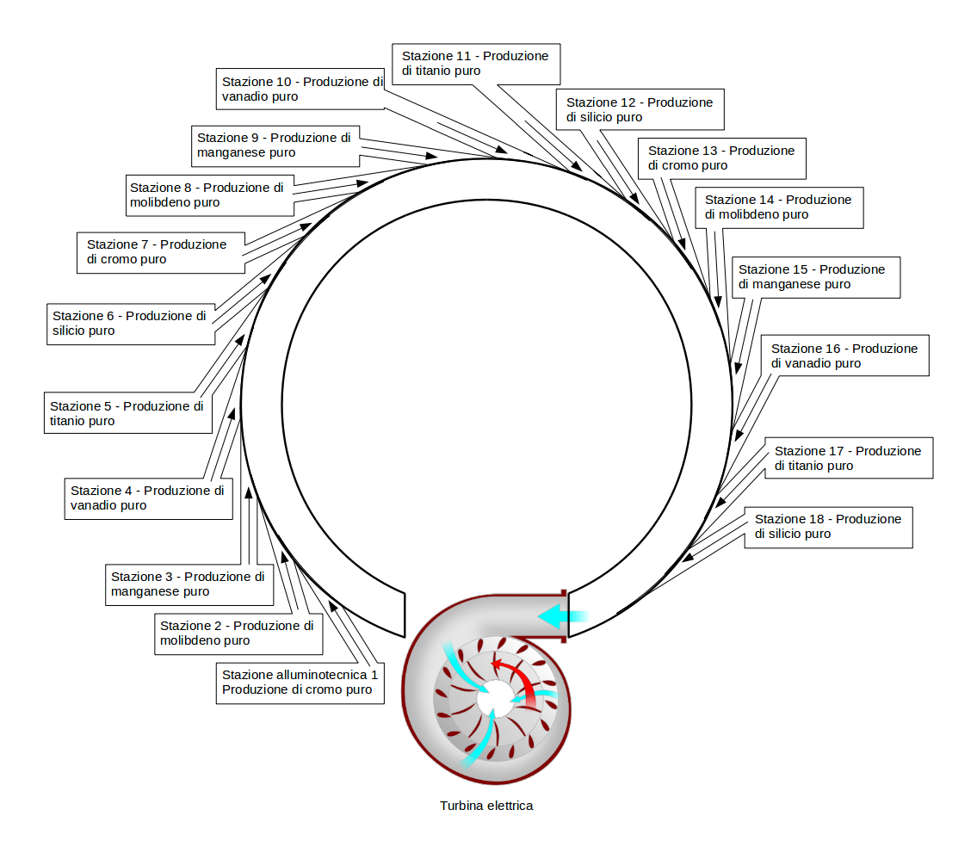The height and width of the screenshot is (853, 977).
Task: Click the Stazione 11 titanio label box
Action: pos(475,64)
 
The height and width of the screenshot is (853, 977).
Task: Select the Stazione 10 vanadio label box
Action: pos(300,89)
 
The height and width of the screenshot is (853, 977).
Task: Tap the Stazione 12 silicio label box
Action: pos(640,109)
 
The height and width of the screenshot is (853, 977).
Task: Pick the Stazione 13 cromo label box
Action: pos(721,158)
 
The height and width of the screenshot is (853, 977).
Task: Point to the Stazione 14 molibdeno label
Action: pos(778,207)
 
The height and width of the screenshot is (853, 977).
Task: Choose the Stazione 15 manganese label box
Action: pos(814,276)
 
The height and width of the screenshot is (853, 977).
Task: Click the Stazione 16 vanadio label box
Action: pos(844,355)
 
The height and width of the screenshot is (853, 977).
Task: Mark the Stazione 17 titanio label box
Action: pos(848,458)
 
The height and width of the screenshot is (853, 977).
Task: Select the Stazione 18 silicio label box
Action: pos(828,526)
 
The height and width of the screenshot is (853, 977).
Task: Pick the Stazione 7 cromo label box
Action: pos(160,251)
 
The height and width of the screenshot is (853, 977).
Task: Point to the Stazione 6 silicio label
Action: pos(130,323)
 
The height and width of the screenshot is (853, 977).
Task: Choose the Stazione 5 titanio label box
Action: pos(127,413)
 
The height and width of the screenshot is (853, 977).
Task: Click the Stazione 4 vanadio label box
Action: pos(148,498)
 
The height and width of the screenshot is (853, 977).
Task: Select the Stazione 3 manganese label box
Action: pos(189,584)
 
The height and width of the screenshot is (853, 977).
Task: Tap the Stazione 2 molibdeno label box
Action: pos(238,633)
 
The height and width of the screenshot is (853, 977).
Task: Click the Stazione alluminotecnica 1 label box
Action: pos(300,682)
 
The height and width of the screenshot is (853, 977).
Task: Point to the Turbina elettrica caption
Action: pos(486,807)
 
